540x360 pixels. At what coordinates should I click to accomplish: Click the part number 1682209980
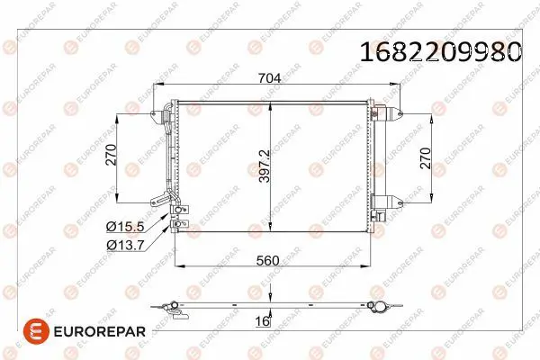coord(441,51)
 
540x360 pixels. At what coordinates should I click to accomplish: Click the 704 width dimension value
coord(270,78)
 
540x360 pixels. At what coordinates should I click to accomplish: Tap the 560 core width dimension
coord(267,260)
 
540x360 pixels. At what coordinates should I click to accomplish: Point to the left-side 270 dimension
coord(112,155)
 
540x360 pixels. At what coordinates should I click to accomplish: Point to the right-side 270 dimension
coord(426,158)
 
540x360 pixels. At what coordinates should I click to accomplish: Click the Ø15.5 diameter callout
coord(125,226)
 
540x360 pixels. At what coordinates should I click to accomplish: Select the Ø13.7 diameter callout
coord(125,245)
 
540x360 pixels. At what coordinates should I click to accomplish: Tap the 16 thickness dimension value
coord(263,321)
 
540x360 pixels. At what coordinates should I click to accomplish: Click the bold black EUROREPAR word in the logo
coord(100,332)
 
